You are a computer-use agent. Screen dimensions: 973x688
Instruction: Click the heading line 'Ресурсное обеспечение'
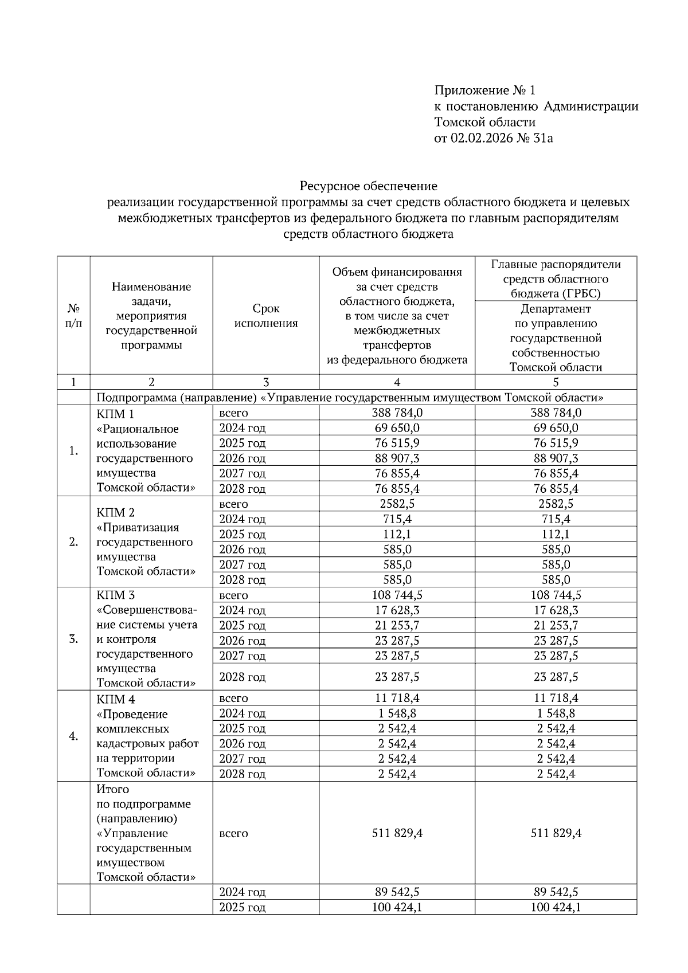[x=368, y=186]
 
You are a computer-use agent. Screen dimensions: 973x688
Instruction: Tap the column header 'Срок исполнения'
[x=266, y=316]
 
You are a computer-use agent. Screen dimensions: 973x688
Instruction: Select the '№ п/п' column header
[x=73, y=316]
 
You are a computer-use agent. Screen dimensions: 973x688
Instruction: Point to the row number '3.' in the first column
[x=73, y=639]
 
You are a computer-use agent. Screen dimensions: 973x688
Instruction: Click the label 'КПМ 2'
[x=116, y=512]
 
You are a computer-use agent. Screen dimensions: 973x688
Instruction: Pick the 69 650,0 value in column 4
[x=397, y=428]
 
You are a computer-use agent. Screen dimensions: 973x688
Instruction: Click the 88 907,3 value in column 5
[x=556, y=458]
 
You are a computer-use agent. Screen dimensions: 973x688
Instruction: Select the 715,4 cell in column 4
[x=397, y=519]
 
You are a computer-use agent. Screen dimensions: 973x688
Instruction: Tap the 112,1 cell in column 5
[x=556, y=534]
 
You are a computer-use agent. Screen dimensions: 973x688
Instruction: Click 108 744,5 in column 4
[x=397, y=595]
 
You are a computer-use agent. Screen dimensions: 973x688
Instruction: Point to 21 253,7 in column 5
[x=556, y=625]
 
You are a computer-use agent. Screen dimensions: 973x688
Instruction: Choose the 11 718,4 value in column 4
[x=397, y=698]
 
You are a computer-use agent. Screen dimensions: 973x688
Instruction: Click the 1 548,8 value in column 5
[x=556, y=713]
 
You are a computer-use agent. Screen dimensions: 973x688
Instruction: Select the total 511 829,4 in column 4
[x=397, y=833]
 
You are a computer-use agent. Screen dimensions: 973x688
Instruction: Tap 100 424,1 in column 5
[x=556, y=907]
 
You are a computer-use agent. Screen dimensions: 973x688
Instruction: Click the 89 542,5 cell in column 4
[x=397, y=892]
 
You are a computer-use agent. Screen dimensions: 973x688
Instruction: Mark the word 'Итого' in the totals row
[x=113, y=789]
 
